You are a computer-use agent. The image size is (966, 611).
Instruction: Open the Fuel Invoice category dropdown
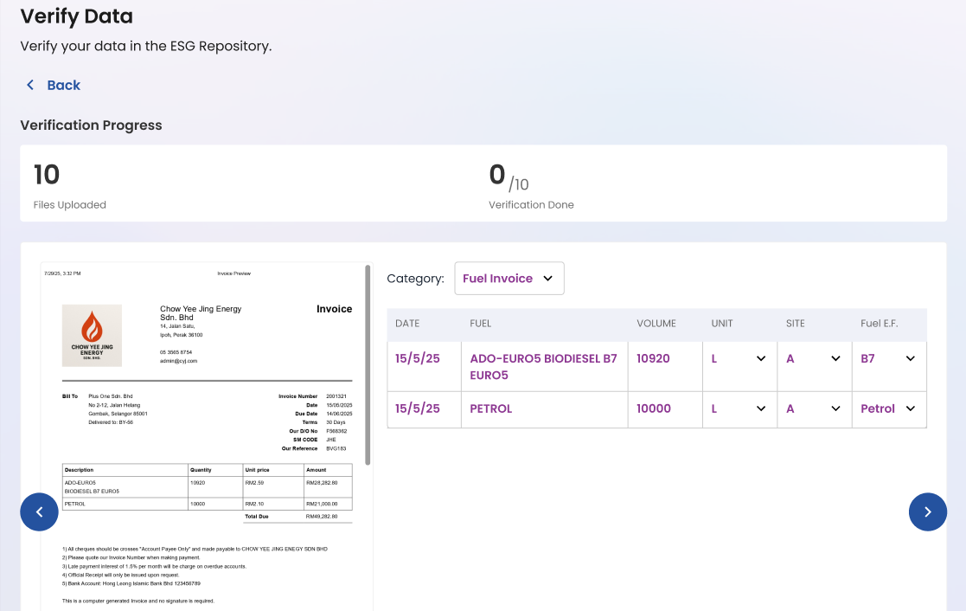click(x=509, y=279)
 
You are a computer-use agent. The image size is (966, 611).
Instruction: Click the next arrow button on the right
click(x=928, y=511)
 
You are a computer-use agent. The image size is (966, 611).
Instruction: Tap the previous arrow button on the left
click(x=40, y=511)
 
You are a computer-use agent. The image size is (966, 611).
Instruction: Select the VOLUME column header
click(x=656, y=324)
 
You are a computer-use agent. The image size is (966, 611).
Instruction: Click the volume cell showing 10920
click(x=653, y=358)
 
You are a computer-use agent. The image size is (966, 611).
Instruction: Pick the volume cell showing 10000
click(x=654, y=408)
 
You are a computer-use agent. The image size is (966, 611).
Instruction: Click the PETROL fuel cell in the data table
click(x=491, y=408)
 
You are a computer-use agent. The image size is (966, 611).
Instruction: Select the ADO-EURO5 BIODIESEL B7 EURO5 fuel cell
click(x=543, y=366)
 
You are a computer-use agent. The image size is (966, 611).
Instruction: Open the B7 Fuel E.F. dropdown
click(x=888, y=358)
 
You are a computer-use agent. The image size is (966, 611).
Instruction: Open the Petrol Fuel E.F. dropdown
click(x=888, y=408)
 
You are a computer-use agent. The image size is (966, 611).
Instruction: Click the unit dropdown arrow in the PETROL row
click(x=761, y=408)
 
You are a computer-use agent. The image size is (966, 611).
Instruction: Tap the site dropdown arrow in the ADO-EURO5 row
click(x=835, y=358)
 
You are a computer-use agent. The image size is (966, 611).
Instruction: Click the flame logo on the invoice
click(x=92, y=329)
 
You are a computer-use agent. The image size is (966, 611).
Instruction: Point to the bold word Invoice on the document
click(x=334, y=309)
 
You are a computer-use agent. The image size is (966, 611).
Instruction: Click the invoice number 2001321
click(x=336, y=396)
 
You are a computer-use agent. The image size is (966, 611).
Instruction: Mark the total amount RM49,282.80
click(x=322, y=516)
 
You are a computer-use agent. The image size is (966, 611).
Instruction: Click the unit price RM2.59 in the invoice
click(x=254, y=482)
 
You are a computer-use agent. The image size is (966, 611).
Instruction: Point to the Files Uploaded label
click(x=69, y=205)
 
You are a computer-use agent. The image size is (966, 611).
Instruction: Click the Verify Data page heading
click(x=76, y=16)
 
